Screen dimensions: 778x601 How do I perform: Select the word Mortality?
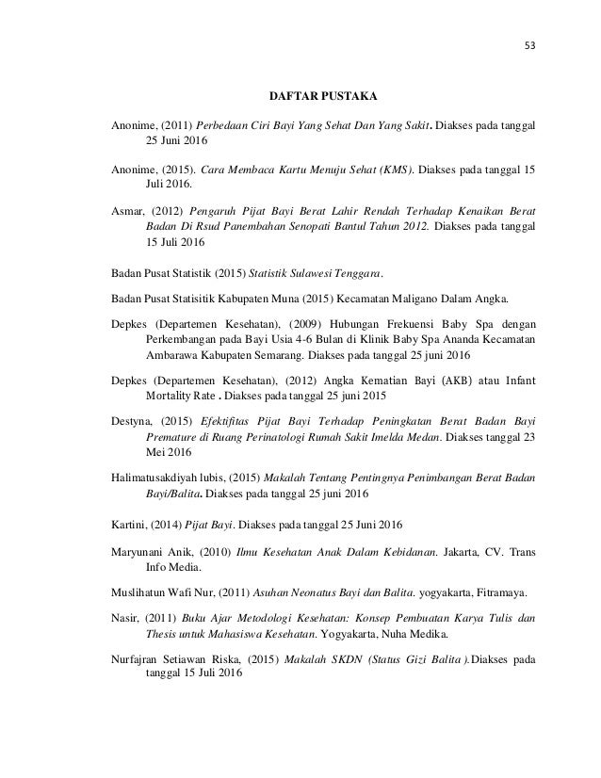[x=176, y=397]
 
